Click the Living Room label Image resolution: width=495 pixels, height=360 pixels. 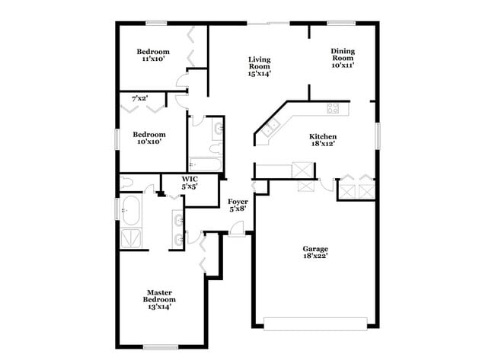pos(260,66)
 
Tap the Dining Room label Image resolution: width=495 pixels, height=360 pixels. pos(342,58)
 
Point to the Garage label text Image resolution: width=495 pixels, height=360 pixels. pos(315,253)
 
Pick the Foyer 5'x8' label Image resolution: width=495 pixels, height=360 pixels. pos(238,205)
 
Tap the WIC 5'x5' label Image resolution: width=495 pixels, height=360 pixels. pos(190,183)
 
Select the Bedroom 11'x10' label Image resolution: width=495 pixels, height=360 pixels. pos(152,56)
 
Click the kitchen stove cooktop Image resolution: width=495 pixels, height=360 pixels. pos(333,108)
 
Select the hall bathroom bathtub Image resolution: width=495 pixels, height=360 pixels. pos(205,164)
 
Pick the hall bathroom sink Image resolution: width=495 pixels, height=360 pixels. pos(218,128)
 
